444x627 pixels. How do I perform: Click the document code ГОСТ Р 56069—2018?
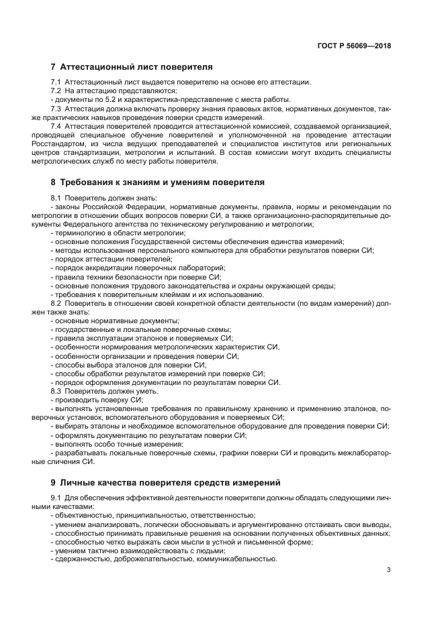coord(354,46)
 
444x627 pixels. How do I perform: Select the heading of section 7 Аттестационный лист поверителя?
coord(132,67)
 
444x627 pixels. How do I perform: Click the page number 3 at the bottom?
coord(388,570)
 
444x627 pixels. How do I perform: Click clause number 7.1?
coord(56,82)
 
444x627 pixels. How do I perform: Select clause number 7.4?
coord(56,126)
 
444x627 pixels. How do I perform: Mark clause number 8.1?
coord(56,197)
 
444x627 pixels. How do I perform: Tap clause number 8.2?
coord(56,303)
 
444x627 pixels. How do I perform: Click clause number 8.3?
coord(56,390)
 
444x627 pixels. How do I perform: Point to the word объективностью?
coord(84,515)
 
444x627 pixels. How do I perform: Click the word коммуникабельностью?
coord(234,559)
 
